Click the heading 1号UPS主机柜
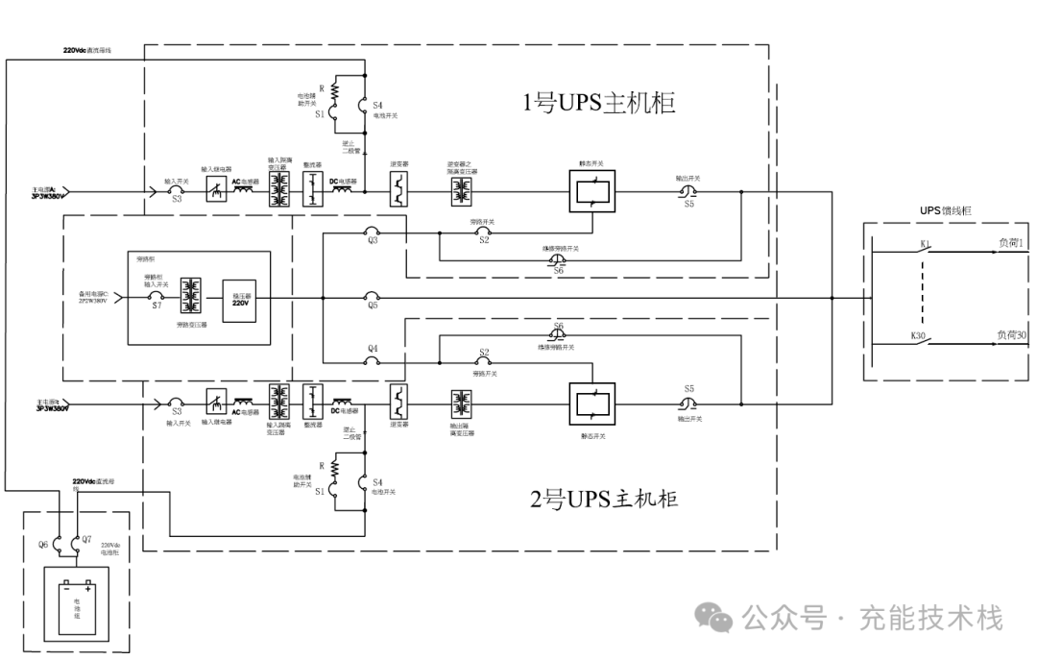click(599, 103)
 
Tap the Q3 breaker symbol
click(372, 231)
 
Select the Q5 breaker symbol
click(372, 297)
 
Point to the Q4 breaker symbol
click(372, 360)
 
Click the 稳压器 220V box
click(240, 298)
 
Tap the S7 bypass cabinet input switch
click(157, 297)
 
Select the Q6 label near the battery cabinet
click(43, 545)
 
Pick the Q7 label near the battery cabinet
click(87, 545)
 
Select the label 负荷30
click(1011, 335)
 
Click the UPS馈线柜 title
click(947, 210)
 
